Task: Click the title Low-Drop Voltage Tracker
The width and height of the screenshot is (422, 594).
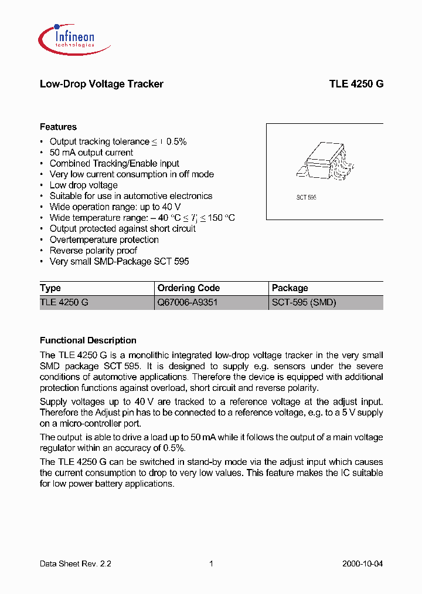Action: point(101,84)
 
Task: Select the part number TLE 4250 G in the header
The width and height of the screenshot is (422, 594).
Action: point(356,84)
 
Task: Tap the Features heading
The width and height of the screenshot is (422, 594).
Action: point(58,127)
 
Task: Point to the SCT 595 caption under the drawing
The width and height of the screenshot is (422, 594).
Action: point(305,198)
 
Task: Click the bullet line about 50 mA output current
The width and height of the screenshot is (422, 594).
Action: point(91,153)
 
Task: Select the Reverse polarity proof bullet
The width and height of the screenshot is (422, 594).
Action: point(93,251)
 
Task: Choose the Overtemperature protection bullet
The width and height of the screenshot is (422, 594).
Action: point(104,239)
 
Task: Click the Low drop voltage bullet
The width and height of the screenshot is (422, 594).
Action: point(83,185)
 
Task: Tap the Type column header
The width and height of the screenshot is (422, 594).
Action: point(50,288)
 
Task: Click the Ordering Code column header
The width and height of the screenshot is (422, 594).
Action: point(189,288)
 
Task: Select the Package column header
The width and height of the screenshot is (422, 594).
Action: point(290,288)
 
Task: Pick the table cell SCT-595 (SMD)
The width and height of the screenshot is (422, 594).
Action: point(304,303)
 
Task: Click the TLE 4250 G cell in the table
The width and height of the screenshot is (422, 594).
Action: point(64,303)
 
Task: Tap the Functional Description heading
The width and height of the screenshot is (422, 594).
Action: point(88,340)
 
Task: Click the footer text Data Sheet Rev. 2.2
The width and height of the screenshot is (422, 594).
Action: point(76,563)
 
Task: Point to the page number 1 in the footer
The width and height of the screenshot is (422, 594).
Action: point(211,563)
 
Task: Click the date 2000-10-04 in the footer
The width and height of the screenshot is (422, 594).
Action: point(362,563)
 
